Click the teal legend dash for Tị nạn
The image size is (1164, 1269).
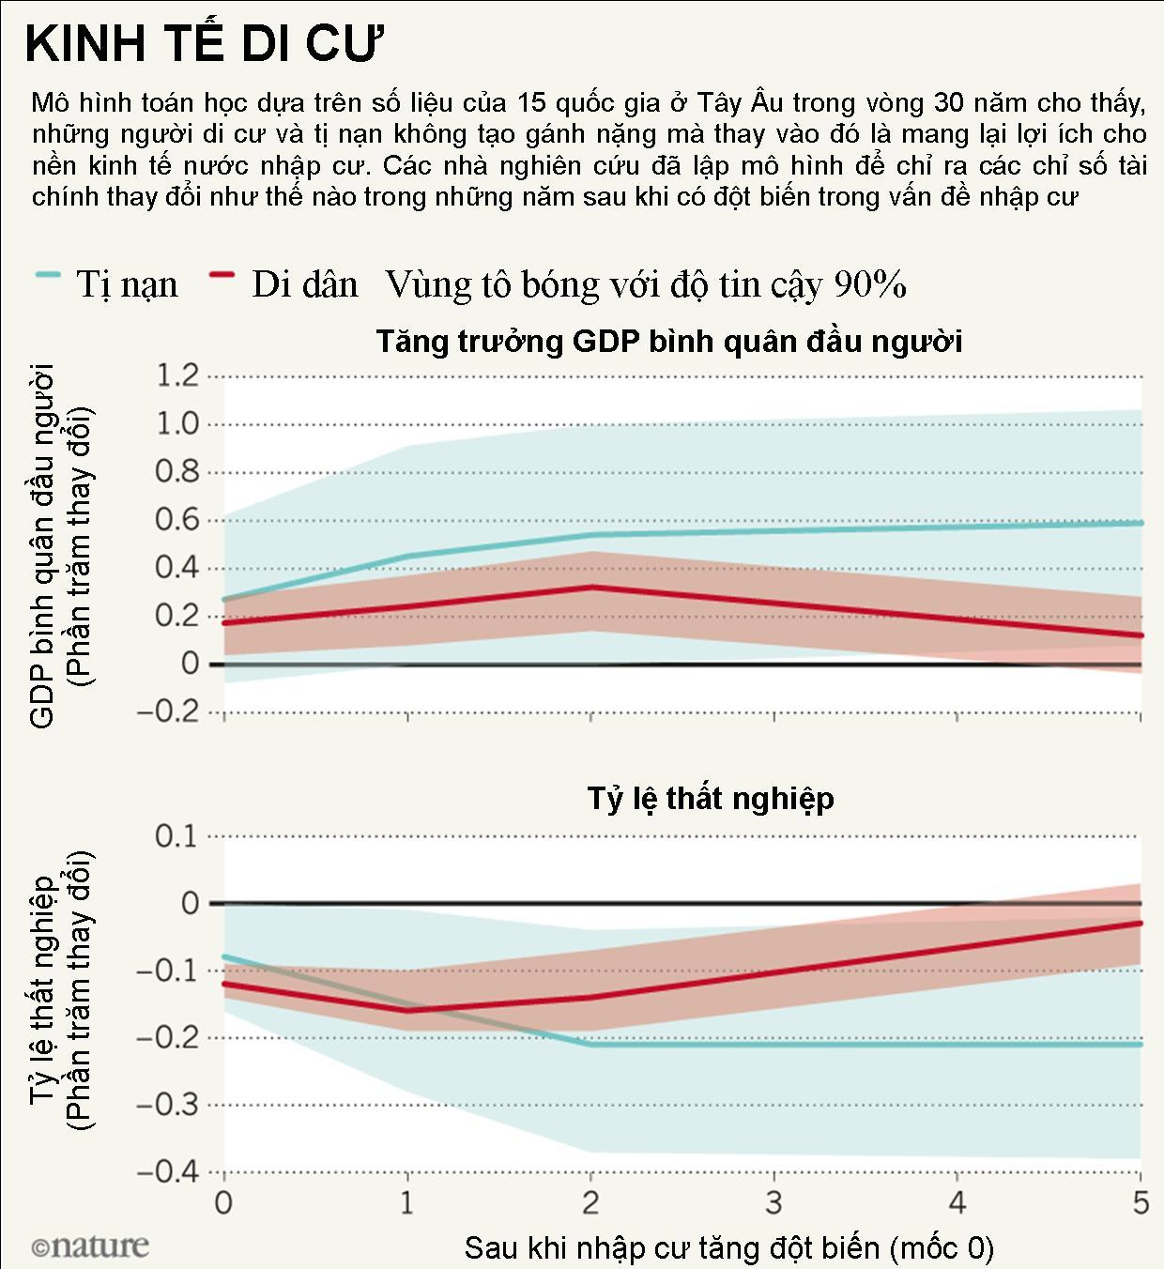[48, 275]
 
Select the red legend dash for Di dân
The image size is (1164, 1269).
[222, 275]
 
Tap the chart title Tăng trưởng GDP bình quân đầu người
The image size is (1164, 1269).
[669, 341]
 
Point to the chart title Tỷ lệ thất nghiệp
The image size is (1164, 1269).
[711, 798]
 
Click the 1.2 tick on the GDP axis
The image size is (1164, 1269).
[178, 376]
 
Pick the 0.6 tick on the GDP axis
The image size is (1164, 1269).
[178, 520]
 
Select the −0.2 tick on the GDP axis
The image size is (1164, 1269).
[169, 711]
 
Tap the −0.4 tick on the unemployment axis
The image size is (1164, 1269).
[169, 1171]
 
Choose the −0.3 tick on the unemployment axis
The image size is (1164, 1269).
[169, 1104]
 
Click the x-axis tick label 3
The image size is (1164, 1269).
[773, 1202]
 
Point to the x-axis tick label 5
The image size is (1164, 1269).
[1140, 1202]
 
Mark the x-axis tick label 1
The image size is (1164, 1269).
[406, 1202]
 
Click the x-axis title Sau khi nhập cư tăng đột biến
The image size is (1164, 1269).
[728, 1247]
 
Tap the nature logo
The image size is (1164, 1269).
[90, 1246]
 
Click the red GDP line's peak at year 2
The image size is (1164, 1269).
[590, 588]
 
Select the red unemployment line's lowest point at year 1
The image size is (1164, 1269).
[407, 1011]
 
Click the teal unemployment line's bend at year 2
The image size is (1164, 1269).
[590, 1044]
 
